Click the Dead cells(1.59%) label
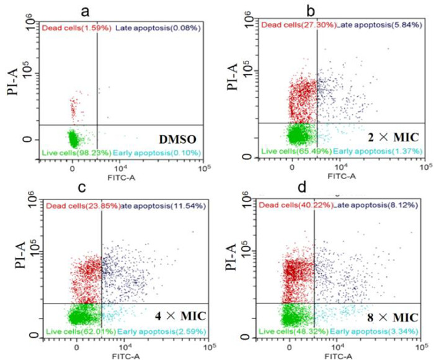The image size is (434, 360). (x=66, y=27)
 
